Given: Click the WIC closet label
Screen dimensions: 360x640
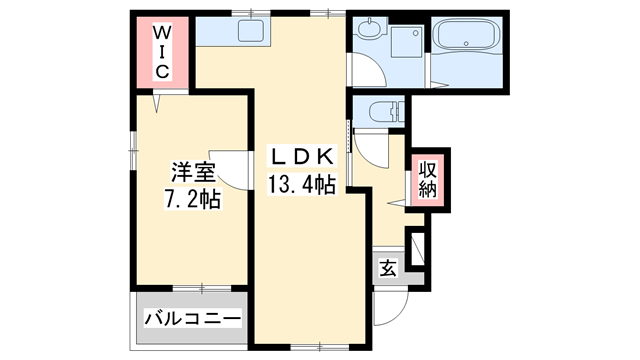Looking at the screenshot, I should tap(161, 51).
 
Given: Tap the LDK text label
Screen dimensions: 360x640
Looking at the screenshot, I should tap(299, 159).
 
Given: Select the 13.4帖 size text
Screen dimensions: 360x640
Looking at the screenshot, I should tap(299, 184).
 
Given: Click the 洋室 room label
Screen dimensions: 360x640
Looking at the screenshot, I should tap(191, 171).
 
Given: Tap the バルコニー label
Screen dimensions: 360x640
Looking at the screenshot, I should tap(191, 319).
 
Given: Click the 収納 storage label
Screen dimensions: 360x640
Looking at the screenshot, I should tap(427, 179).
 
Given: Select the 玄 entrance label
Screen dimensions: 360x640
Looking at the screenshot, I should tap(388, 268).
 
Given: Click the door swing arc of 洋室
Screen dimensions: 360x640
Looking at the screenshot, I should tap(232, 170).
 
